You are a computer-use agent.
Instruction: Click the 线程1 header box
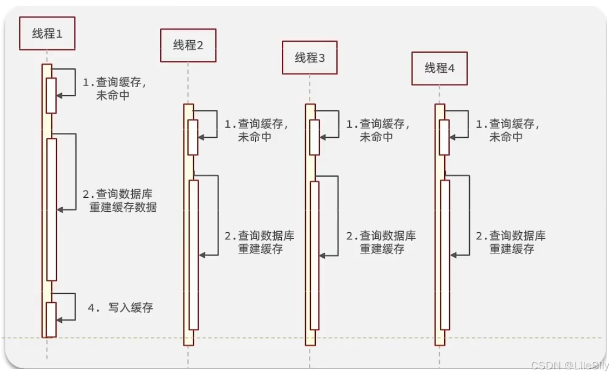pos(47,33)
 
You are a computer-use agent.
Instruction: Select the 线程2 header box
pos(188,46)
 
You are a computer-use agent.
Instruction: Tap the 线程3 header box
pos(310,58)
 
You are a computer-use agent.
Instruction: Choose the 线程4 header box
pos(439,68)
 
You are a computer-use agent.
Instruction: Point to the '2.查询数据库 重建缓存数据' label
pos(122,201)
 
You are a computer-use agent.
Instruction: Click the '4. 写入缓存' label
pos(120,307)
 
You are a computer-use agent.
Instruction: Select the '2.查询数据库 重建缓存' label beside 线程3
pos(381,242)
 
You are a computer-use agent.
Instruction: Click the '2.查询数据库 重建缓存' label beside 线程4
pos(510,242)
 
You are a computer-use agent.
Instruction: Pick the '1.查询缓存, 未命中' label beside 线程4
pos(508,130)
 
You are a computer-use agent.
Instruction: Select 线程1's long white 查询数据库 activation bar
pos(51,209)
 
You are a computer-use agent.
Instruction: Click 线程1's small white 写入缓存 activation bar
pos(51,319)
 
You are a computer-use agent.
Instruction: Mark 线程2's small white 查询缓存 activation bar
pos(193,137)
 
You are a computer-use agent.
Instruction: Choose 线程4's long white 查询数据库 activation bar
pos(445,254)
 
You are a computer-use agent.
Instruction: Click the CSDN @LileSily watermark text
pos(569,365)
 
